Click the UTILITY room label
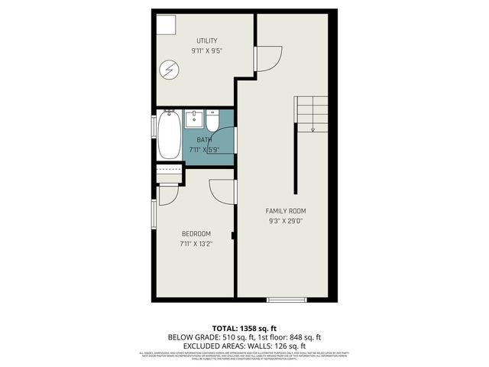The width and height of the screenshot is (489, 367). point(207,41)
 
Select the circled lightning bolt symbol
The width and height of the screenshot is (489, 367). point(169,71)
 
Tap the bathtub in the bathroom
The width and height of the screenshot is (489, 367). point(169,137)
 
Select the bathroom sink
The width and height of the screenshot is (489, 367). point(195,119)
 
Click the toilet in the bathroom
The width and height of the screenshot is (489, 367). point(212,121)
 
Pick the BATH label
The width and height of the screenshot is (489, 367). point(204,140)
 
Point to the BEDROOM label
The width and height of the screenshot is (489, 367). point(196,233)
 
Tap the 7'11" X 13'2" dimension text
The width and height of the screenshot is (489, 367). point(196,244)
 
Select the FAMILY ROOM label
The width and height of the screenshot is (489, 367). point(287,210)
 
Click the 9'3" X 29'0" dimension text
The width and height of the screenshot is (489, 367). point(287,221)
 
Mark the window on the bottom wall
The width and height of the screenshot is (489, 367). point(287,299)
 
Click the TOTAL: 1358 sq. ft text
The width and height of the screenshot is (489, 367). point(244,328)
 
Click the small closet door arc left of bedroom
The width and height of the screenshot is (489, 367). point(168,193)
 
